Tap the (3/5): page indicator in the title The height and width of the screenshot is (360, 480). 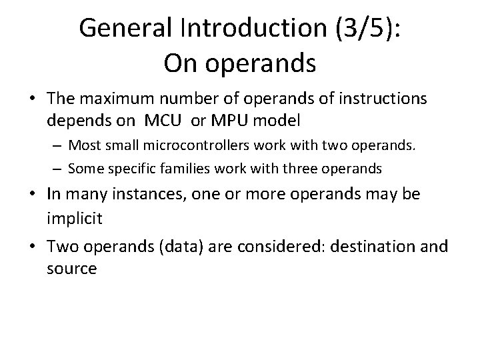367,28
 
